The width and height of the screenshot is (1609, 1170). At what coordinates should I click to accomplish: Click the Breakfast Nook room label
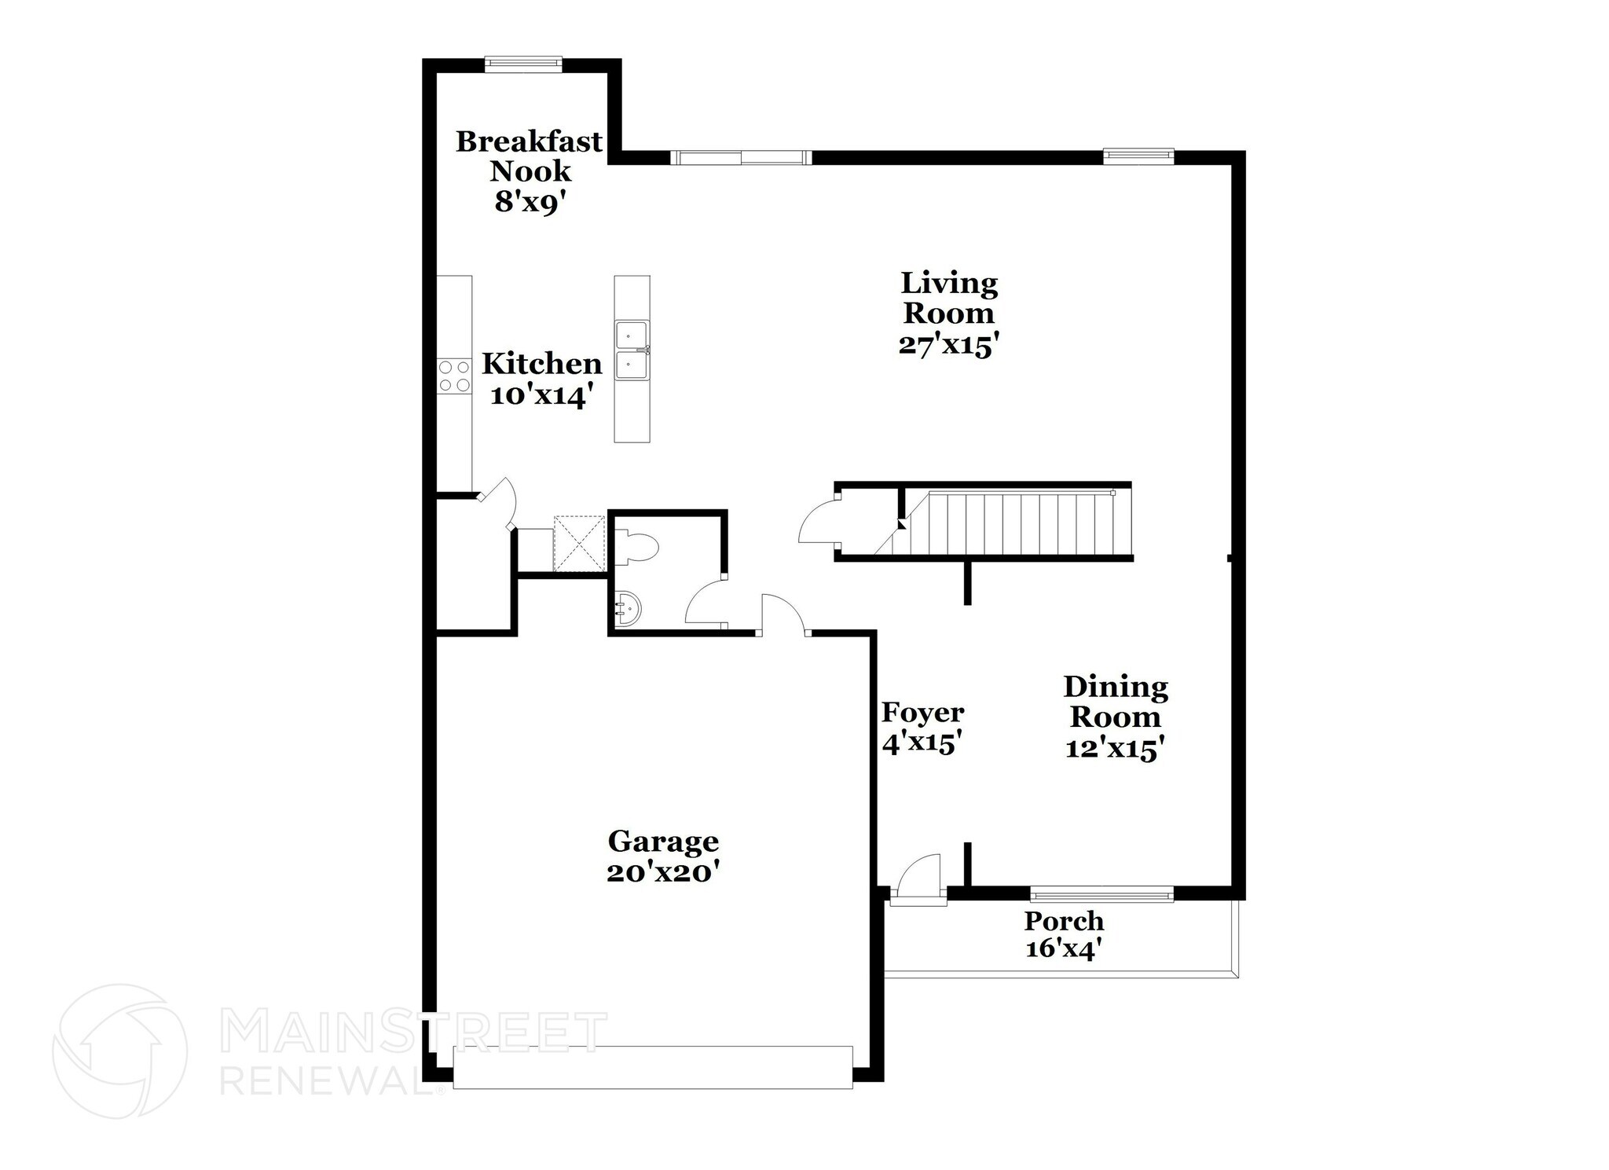(x=529, y=156)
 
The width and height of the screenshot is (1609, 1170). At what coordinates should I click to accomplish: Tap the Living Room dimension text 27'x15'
(x=948, y=346)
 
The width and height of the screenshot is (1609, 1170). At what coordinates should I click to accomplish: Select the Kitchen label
(x=541, y=364)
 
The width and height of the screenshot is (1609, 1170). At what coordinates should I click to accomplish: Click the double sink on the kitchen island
(x=632, y=350)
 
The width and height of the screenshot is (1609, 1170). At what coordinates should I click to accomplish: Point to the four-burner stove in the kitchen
(x=454, y=376)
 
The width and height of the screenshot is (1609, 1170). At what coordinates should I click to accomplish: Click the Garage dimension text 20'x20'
(x=663, y=872)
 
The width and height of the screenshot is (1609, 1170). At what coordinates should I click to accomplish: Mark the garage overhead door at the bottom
(x=653, y=1066)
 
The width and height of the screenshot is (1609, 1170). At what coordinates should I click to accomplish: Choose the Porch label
(x=1064, y=920)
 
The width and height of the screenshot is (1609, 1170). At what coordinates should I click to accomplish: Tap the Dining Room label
(x=1115, y=702)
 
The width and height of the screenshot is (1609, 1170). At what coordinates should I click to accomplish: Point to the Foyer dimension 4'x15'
(x=922, y=743)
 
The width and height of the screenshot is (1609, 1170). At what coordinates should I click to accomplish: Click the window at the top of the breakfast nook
(x=523, y=64)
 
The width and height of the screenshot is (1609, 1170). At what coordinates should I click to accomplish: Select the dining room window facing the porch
(x=1101, y=893)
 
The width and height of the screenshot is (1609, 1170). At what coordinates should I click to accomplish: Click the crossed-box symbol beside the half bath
(x=579, y=543)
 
